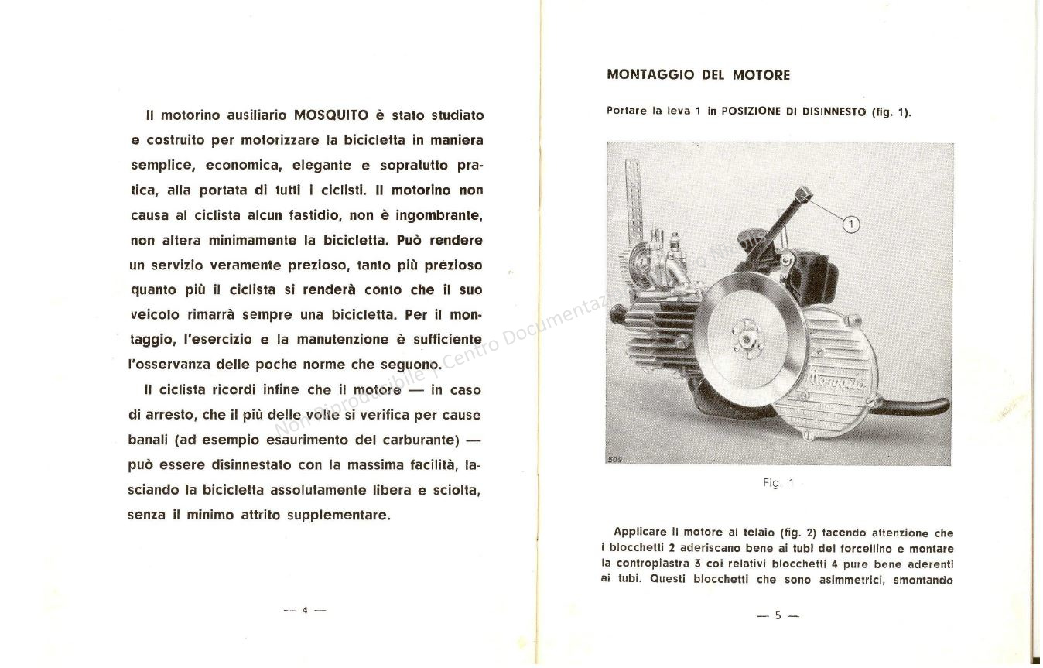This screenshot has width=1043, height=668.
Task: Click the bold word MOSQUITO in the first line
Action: (331, 116)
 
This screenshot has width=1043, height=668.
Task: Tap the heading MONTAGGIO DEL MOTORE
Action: (698, 75)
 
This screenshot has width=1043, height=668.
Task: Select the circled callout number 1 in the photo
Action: (850, 224)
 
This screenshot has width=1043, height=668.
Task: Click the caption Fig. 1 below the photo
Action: (778, 483)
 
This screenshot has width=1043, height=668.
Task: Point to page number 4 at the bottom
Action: (305, 610)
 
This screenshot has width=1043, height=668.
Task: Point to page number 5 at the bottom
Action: (778, 616)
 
